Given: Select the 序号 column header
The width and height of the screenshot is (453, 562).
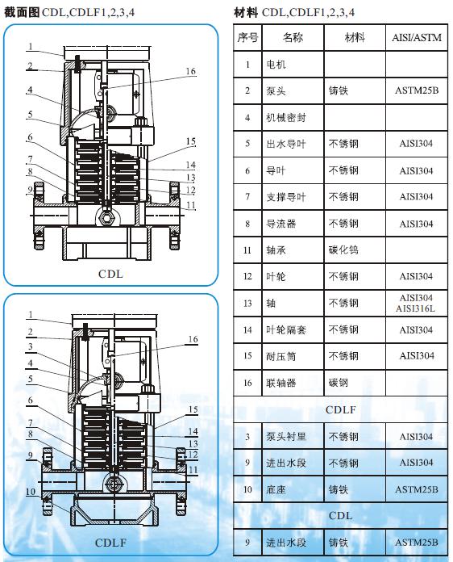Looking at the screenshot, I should coord(247,38).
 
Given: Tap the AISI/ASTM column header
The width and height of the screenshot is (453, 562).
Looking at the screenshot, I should coord(416,38).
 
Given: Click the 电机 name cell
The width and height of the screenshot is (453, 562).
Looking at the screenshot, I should coord(276,65).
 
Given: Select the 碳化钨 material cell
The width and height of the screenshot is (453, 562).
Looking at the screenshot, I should coord(343,251).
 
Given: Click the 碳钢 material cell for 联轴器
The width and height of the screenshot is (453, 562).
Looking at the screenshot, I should coord(339,383).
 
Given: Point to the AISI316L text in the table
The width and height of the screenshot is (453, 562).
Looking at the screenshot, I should coord(416,309).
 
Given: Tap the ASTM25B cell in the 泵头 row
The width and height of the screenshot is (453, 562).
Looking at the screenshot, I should coord(416,91).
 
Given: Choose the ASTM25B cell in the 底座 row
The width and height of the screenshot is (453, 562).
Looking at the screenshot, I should coord(416,489).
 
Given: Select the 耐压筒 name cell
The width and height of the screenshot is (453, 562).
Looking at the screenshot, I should coord(281,356).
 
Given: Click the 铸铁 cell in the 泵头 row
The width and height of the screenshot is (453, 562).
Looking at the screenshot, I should coord(339,91).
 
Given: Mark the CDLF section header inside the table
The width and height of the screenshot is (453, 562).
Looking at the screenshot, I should coord(340,410).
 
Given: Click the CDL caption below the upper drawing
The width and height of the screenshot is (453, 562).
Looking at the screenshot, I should coord(110,274).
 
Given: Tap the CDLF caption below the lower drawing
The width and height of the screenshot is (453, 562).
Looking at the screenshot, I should coord(110,543).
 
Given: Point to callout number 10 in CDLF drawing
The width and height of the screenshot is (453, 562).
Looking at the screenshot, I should coord(29,490).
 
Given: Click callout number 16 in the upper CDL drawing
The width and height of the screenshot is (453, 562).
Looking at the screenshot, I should coord(190,71).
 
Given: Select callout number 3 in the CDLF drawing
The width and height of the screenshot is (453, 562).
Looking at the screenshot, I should coord(29,347).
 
